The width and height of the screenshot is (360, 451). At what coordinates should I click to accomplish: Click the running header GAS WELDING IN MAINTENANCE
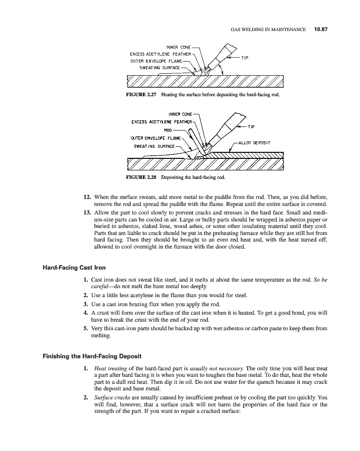pos(268,30)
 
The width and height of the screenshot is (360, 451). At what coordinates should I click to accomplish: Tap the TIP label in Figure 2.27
pos(245,58)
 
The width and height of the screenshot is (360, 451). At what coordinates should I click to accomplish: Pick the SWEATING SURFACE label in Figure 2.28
pos(154,146)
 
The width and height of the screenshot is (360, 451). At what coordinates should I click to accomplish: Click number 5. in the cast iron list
pos(86,329)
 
